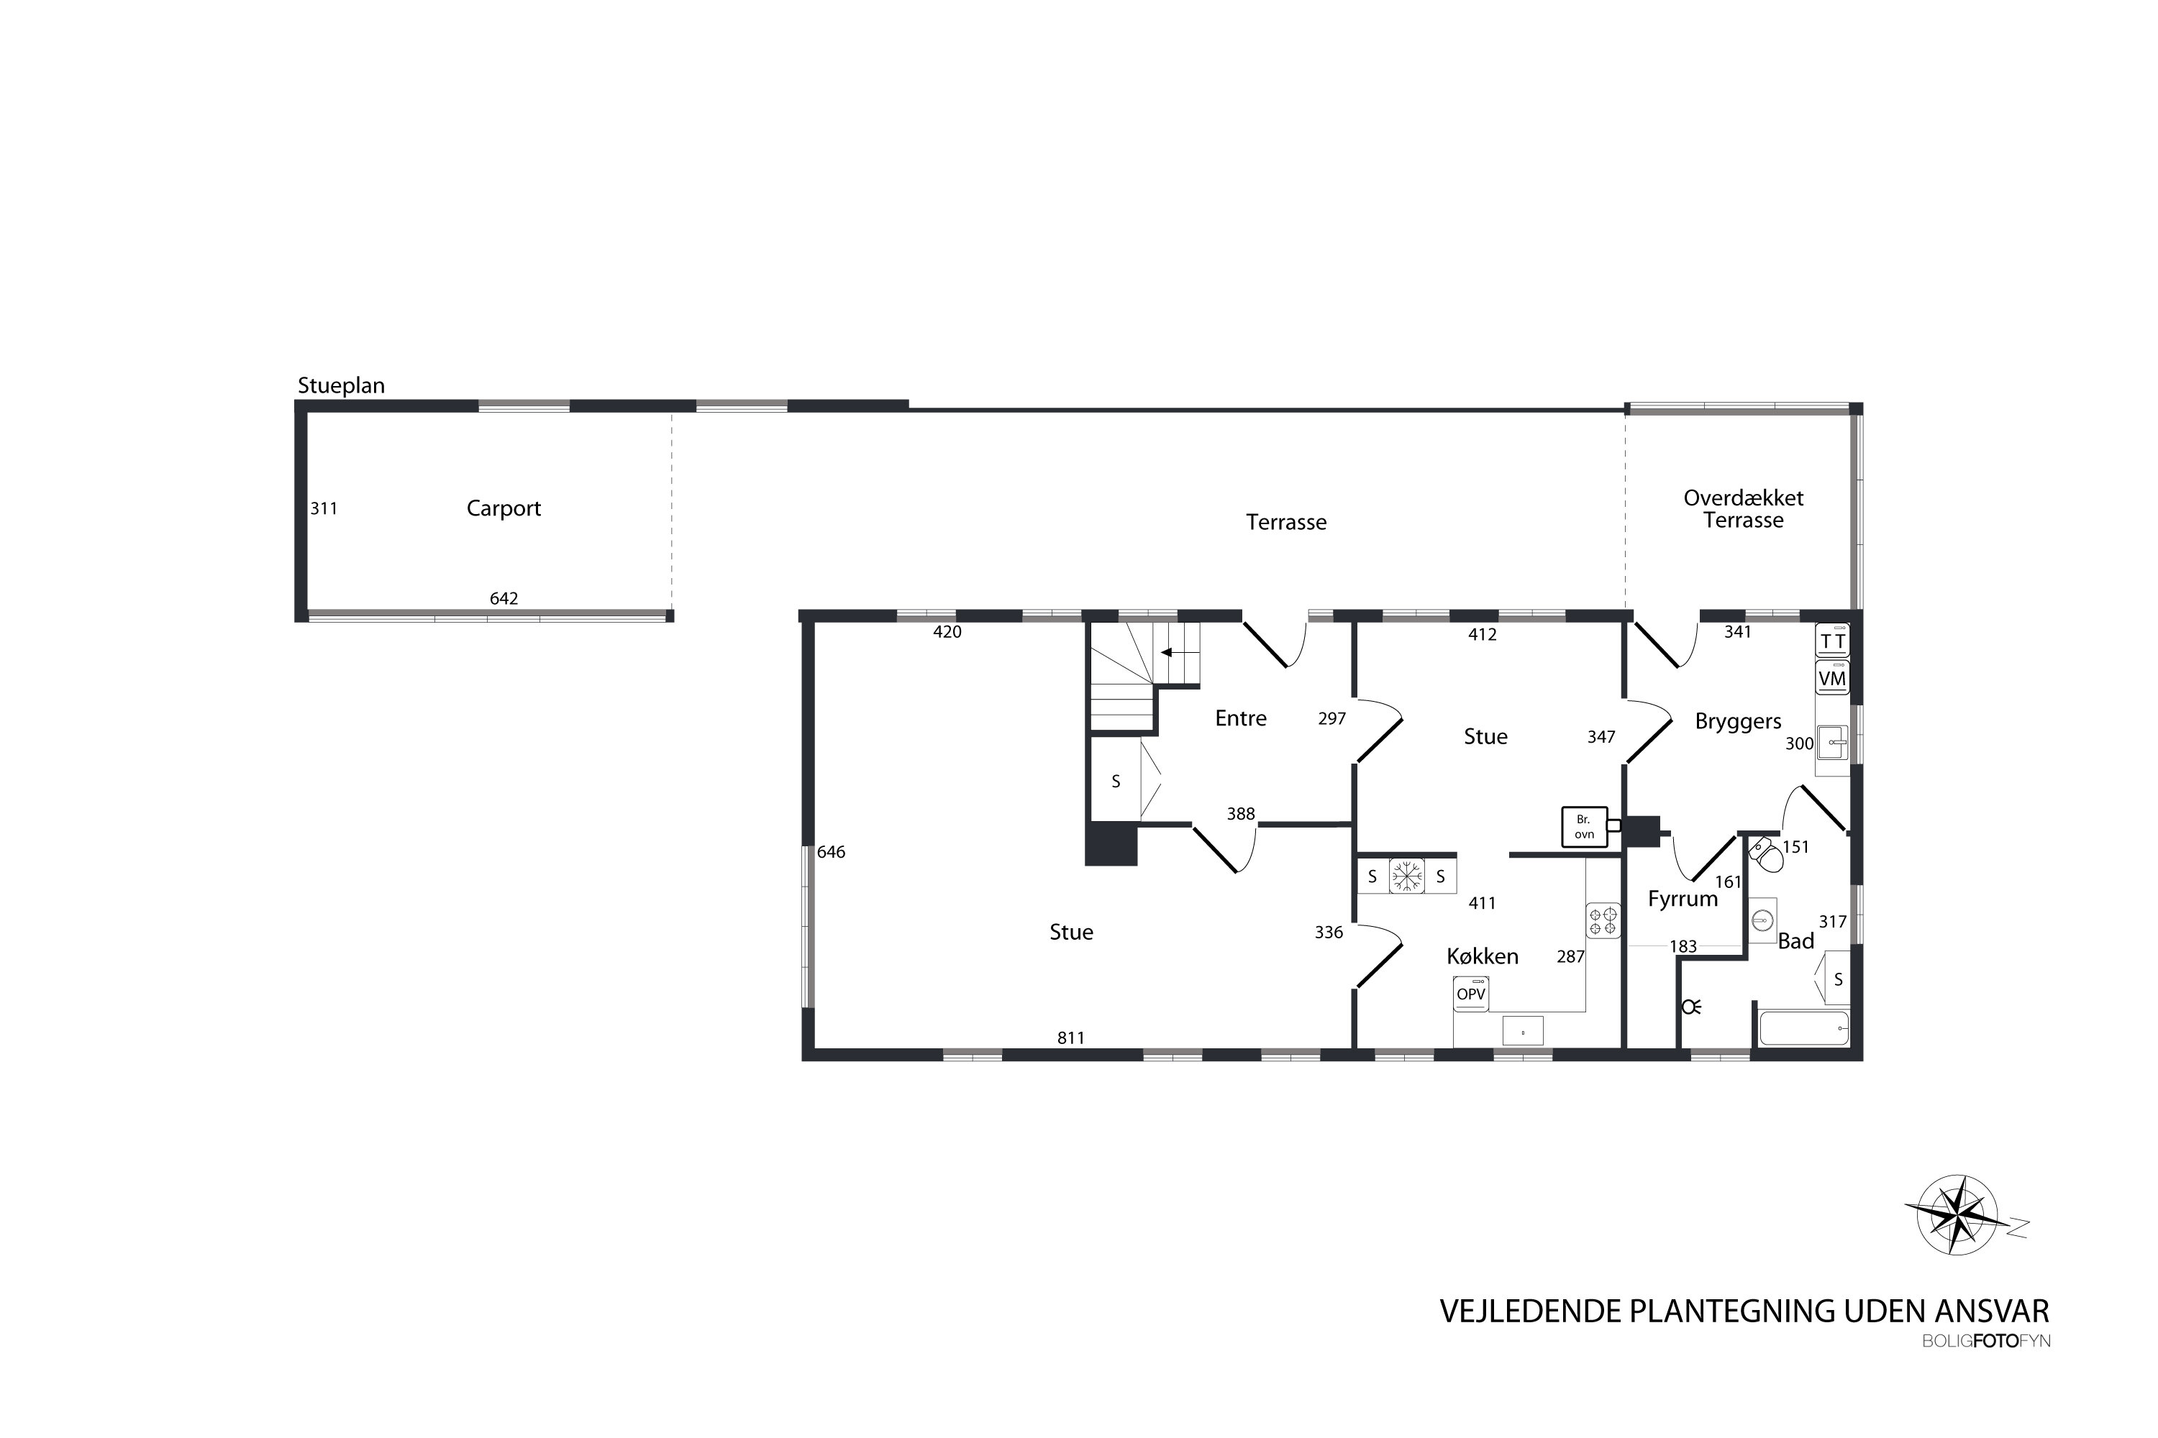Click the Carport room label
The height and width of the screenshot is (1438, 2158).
504,508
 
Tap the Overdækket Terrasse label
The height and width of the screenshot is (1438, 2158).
1742,509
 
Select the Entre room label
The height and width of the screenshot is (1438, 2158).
1240,718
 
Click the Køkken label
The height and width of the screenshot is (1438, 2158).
1482,956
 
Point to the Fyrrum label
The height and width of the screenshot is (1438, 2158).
1683,899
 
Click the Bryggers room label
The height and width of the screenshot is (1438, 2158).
1738,721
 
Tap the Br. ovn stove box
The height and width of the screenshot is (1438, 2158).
1585,826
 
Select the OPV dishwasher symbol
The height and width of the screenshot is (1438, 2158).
1471,994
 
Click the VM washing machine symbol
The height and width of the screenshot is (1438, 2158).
1831,679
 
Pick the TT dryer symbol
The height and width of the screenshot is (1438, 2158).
1831,640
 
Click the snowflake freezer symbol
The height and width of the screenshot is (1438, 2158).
1406,876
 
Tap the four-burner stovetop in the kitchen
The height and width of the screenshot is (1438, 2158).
1603,921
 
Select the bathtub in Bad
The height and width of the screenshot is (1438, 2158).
1803,1028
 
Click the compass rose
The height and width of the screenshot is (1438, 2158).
1958,1215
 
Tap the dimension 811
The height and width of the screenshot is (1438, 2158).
1071,1038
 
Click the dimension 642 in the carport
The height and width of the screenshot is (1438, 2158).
504,599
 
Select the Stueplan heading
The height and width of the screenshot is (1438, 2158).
341,386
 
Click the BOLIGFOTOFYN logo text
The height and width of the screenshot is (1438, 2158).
1985,1341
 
